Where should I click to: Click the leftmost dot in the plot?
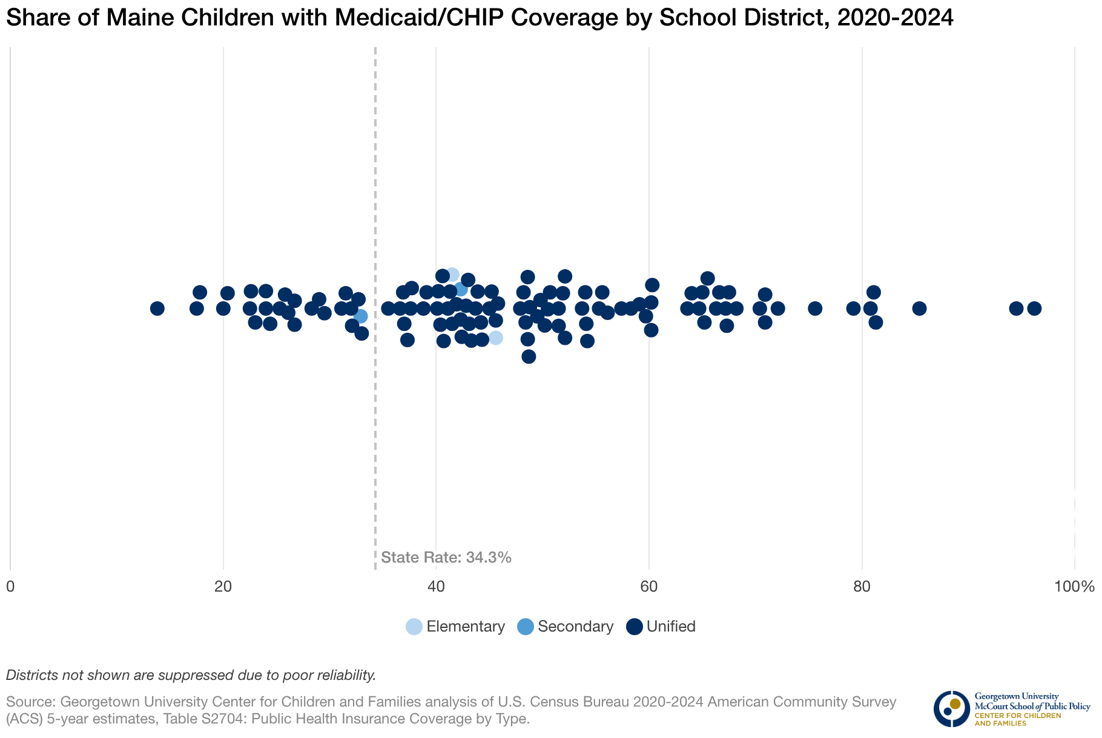point(157,309)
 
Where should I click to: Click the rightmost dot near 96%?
point(1034,309)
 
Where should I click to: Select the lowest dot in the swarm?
point(529,356)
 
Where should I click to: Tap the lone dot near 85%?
point(919,309)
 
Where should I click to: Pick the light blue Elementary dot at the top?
point(452,275)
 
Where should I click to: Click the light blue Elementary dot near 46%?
point(496,338)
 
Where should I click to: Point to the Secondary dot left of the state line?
point(361,316)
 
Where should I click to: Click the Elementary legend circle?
point(414,627)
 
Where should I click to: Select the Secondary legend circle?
point(526,627)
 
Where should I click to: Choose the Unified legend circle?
point(634,627)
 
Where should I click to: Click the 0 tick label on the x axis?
point(10,587)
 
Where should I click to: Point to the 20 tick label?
point(223,587)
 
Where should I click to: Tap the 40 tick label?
point(436,587)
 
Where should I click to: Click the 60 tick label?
point(649,587)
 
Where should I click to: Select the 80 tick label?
point(862,587)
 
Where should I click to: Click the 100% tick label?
point(1074,587)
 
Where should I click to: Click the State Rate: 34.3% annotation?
point(447,558)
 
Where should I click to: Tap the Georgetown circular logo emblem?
point(951,709)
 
